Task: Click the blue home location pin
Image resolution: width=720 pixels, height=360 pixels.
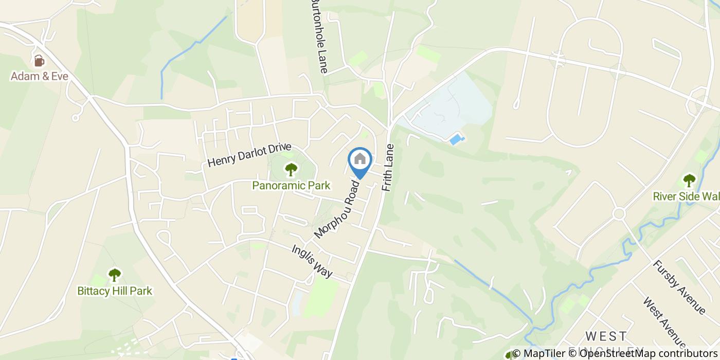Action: click(x=360, y=160)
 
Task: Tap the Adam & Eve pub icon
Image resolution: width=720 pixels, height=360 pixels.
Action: click(x=39, y=61)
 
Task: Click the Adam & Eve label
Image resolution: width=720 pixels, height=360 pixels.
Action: click(x=40, y=77)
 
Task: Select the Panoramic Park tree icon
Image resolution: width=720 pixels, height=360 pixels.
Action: click(x=291, y=169)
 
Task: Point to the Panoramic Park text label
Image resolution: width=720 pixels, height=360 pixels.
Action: click(x=291, y=185)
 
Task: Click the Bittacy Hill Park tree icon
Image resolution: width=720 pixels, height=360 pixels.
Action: click(x=114, y=275)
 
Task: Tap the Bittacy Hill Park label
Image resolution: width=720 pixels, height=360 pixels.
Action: click(x=115, y=291)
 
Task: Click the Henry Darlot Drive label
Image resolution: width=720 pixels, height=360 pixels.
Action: click(x=249, y=155)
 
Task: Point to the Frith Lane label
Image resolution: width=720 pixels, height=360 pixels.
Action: click(x=388, y=168)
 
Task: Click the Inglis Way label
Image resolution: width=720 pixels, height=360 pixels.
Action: click(x=312, y=261)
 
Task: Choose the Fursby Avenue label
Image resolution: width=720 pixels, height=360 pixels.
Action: click(x=679, y=286)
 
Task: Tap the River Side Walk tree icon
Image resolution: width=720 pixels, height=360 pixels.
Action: click(x=689, y=181)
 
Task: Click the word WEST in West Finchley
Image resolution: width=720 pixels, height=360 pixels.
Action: click(x=606, y=336)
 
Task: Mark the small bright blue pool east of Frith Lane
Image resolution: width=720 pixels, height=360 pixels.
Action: click(x=456, y=139)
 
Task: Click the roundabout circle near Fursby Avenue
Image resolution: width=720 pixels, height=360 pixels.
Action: click(x=619, y=213)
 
